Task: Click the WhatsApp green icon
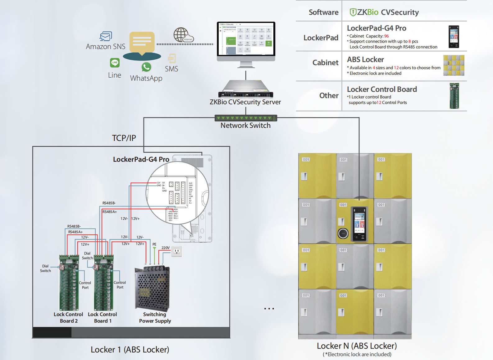point(146,67)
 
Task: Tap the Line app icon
point(115,63)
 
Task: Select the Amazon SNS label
point(106,47)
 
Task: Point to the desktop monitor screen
point(246,39)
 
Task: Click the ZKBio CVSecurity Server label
point(245,102)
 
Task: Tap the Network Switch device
point(245,118)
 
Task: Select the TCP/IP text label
point(124,138)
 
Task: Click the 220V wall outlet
point(177,251)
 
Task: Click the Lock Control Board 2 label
point(68,318)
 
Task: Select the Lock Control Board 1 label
point(103,318)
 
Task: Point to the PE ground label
point(154,244)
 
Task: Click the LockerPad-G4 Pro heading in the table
point(377,28)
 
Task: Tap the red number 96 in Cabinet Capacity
point(386,36)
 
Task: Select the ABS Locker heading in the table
point(365,60)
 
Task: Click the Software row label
point(323,12)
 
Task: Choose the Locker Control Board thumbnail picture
point(454,96)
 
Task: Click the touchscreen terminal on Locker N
point(358,224)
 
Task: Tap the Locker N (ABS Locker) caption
point(357,346)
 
